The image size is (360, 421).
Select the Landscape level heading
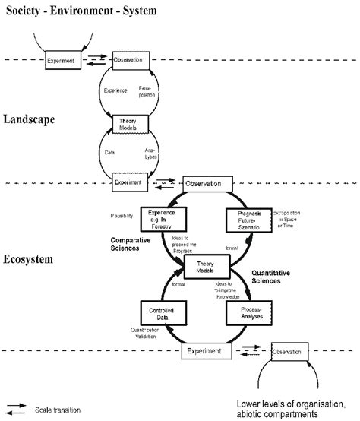coord(30,119)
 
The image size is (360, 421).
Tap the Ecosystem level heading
coord(27,259)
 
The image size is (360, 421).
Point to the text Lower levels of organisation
coord(287,404)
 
